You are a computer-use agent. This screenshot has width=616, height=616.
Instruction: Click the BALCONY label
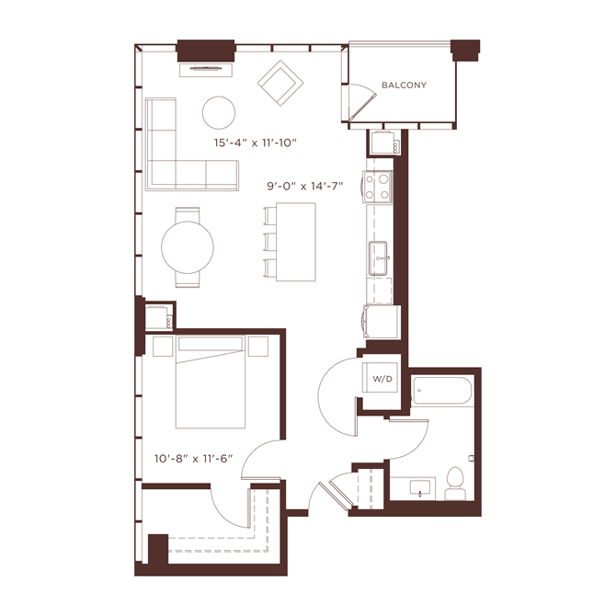(x=404, y=86)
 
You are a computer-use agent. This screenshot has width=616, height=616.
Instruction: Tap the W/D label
(x=380, y=379)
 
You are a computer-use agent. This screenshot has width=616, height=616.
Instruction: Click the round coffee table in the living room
(x=219, y=112)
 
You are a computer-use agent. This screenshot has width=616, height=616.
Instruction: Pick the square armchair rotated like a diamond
(x=279, y=83)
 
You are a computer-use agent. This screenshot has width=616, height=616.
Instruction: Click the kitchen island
(x=296, y=243)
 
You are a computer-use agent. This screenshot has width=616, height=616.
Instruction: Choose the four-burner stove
(x=377, y=188)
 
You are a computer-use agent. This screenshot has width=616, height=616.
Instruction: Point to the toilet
(x=453, y=484)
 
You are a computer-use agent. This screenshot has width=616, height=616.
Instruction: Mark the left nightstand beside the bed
(x=163, y=348)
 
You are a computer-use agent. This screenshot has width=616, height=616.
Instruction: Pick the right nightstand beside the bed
(x=258, y=348)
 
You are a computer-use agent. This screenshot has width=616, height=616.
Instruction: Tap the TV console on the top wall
(x=205, y=65)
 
